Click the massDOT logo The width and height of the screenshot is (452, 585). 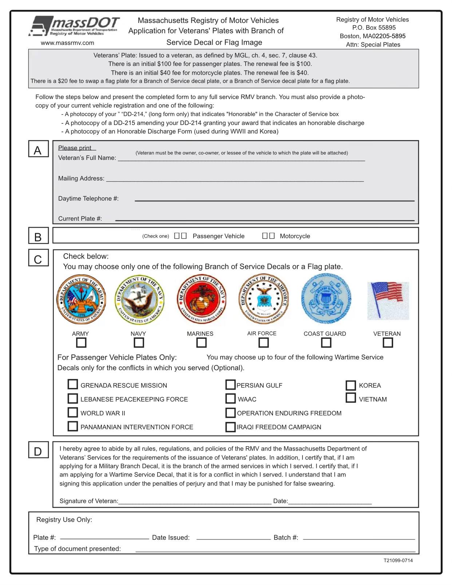74,26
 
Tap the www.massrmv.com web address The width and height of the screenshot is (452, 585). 67,43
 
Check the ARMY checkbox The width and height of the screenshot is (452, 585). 81,343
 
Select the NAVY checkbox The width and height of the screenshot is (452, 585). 139,343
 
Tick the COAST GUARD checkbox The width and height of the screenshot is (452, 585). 326,343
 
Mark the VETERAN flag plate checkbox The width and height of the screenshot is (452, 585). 388,343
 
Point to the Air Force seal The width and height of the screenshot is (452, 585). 263,299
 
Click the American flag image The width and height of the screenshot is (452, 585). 388,300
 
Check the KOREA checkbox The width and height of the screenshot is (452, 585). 351,385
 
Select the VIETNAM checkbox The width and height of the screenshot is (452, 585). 351,398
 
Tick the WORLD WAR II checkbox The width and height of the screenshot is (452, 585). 73,412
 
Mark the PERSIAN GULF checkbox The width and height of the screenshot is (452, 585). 230,385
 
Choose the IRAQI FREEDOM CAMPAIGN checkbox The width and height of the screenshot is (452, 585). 230,427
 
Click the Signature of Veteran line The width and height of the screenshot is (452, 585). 195,501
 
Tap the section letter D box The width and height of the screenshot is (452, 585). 38,451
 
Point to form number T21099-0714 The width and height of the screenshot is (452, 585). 398,561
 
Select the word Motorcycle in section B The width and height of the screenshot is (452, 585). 295,236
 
